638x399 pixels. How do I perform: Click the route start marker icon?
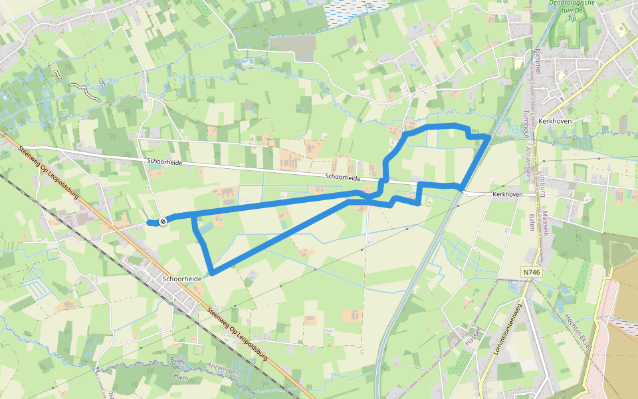click(162, 221)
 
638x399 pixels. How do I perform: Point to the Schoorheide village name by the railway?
click(181, 279)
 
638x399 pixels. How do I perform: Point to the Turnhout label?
click(526, 124)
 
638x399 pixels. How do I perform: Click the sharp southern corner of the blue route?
click(211, 272)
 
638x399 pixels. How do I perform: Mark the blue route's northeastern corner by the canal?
click(488, 136)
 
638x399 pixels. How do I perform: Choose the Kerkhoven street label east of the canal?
click(508, 194)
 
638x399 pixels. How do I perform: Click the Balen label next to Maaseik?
click(532, 222)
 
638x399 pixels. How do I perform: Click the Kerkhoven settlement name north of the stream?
click(556, 121)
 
